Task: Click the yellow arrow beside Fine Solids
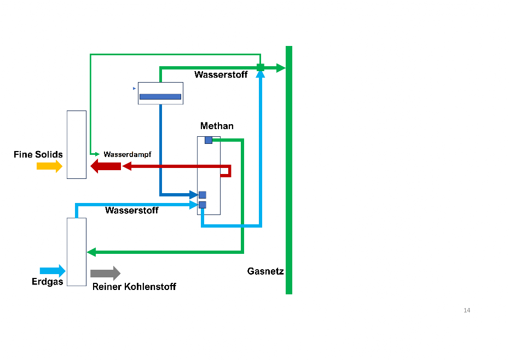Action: tap(49, 166)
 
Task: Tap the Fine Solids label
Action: tap(38, 154)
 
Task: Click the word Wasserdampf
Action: tap(128, 154)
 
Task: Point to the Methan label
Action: tap(217, 126)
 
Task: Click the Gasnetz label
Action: tap(265, 271)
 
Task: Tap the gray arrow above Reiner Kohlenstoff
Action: tap(105, 273)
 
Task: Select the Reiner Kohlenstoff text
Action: tap(134, 287)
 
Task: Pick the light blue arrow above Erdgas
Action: tap(53, 270)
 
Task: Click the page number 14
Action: tap(467, 311)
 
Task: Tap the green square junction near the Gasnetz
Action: tap(261, 67)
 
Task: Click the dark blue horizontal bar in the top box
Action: tap(160, 97)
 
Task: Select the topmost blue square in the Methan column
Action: tap(209, 140)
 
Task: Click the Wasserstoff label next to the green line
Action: tap(221, 75)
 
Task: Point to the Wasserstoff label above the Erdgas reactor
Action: tap(132, 210)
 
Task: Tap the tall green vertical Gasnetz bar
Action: tap(289, 170)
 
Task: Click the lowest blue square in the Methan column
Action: tap(203, 205)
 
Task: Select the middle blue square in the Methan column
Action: tap(203, 195)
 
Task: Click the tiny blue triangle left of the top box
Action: tap(135, 88)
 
